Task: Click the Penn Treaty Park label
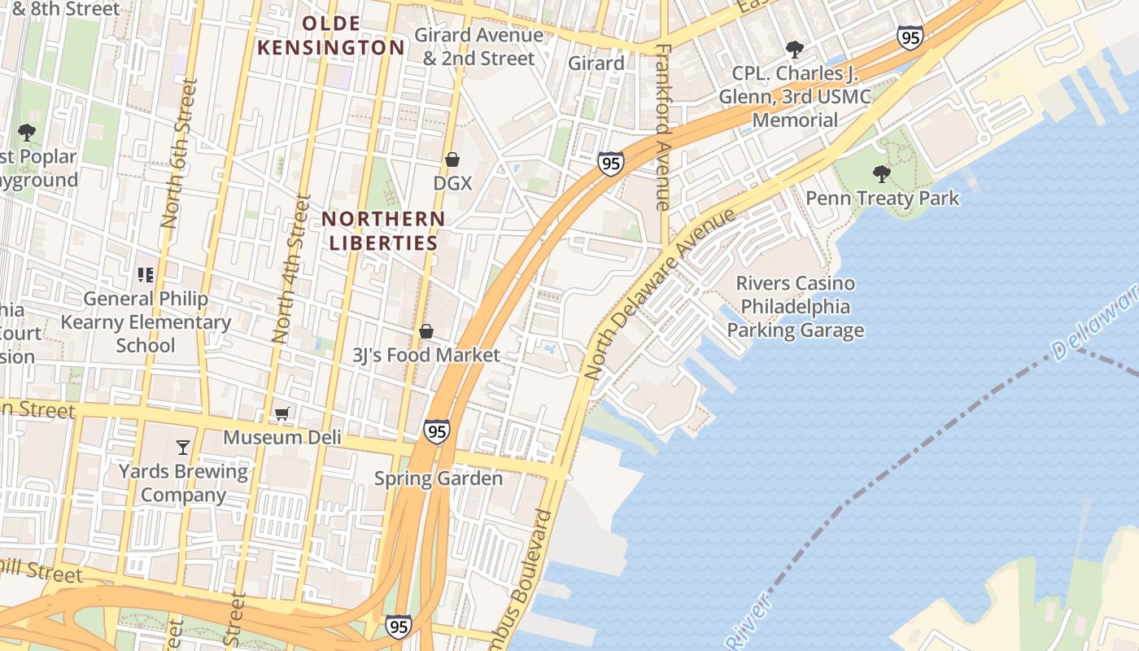[x=882, y=199]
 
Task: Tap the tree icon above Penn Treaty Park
[x=881, y=173]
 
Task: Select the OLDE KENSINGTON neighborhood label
[x=331, y=35]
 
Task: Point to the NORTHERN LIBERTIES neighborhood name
[x=383, y=230]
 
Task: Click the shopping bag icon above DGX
[x=452, y=159]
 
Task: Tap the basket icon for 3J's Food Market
[x=425, y=331]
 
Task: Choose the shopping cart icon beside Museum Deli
[x=281, y=414]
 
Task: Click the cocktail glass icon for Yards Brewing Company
[x=183, y=447]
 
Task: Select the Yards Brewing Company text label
[x=184, y=483]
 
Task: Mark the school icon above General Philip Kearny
[x=146, y=275]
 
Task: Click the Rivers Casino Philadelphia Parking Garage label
[x=795, y=307]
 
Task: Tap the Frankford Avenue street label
[x=662, y=127]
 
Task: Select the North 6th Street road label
[x=180, y=152]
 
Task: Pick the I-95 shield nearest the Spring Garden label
[x=437, y=431]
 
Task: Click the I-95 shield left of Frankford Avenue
[x=610, y=163]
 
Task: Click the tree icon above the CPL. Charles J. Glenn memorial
[x=794, y=50]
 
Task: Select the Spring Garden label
[x=439, y=478]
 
